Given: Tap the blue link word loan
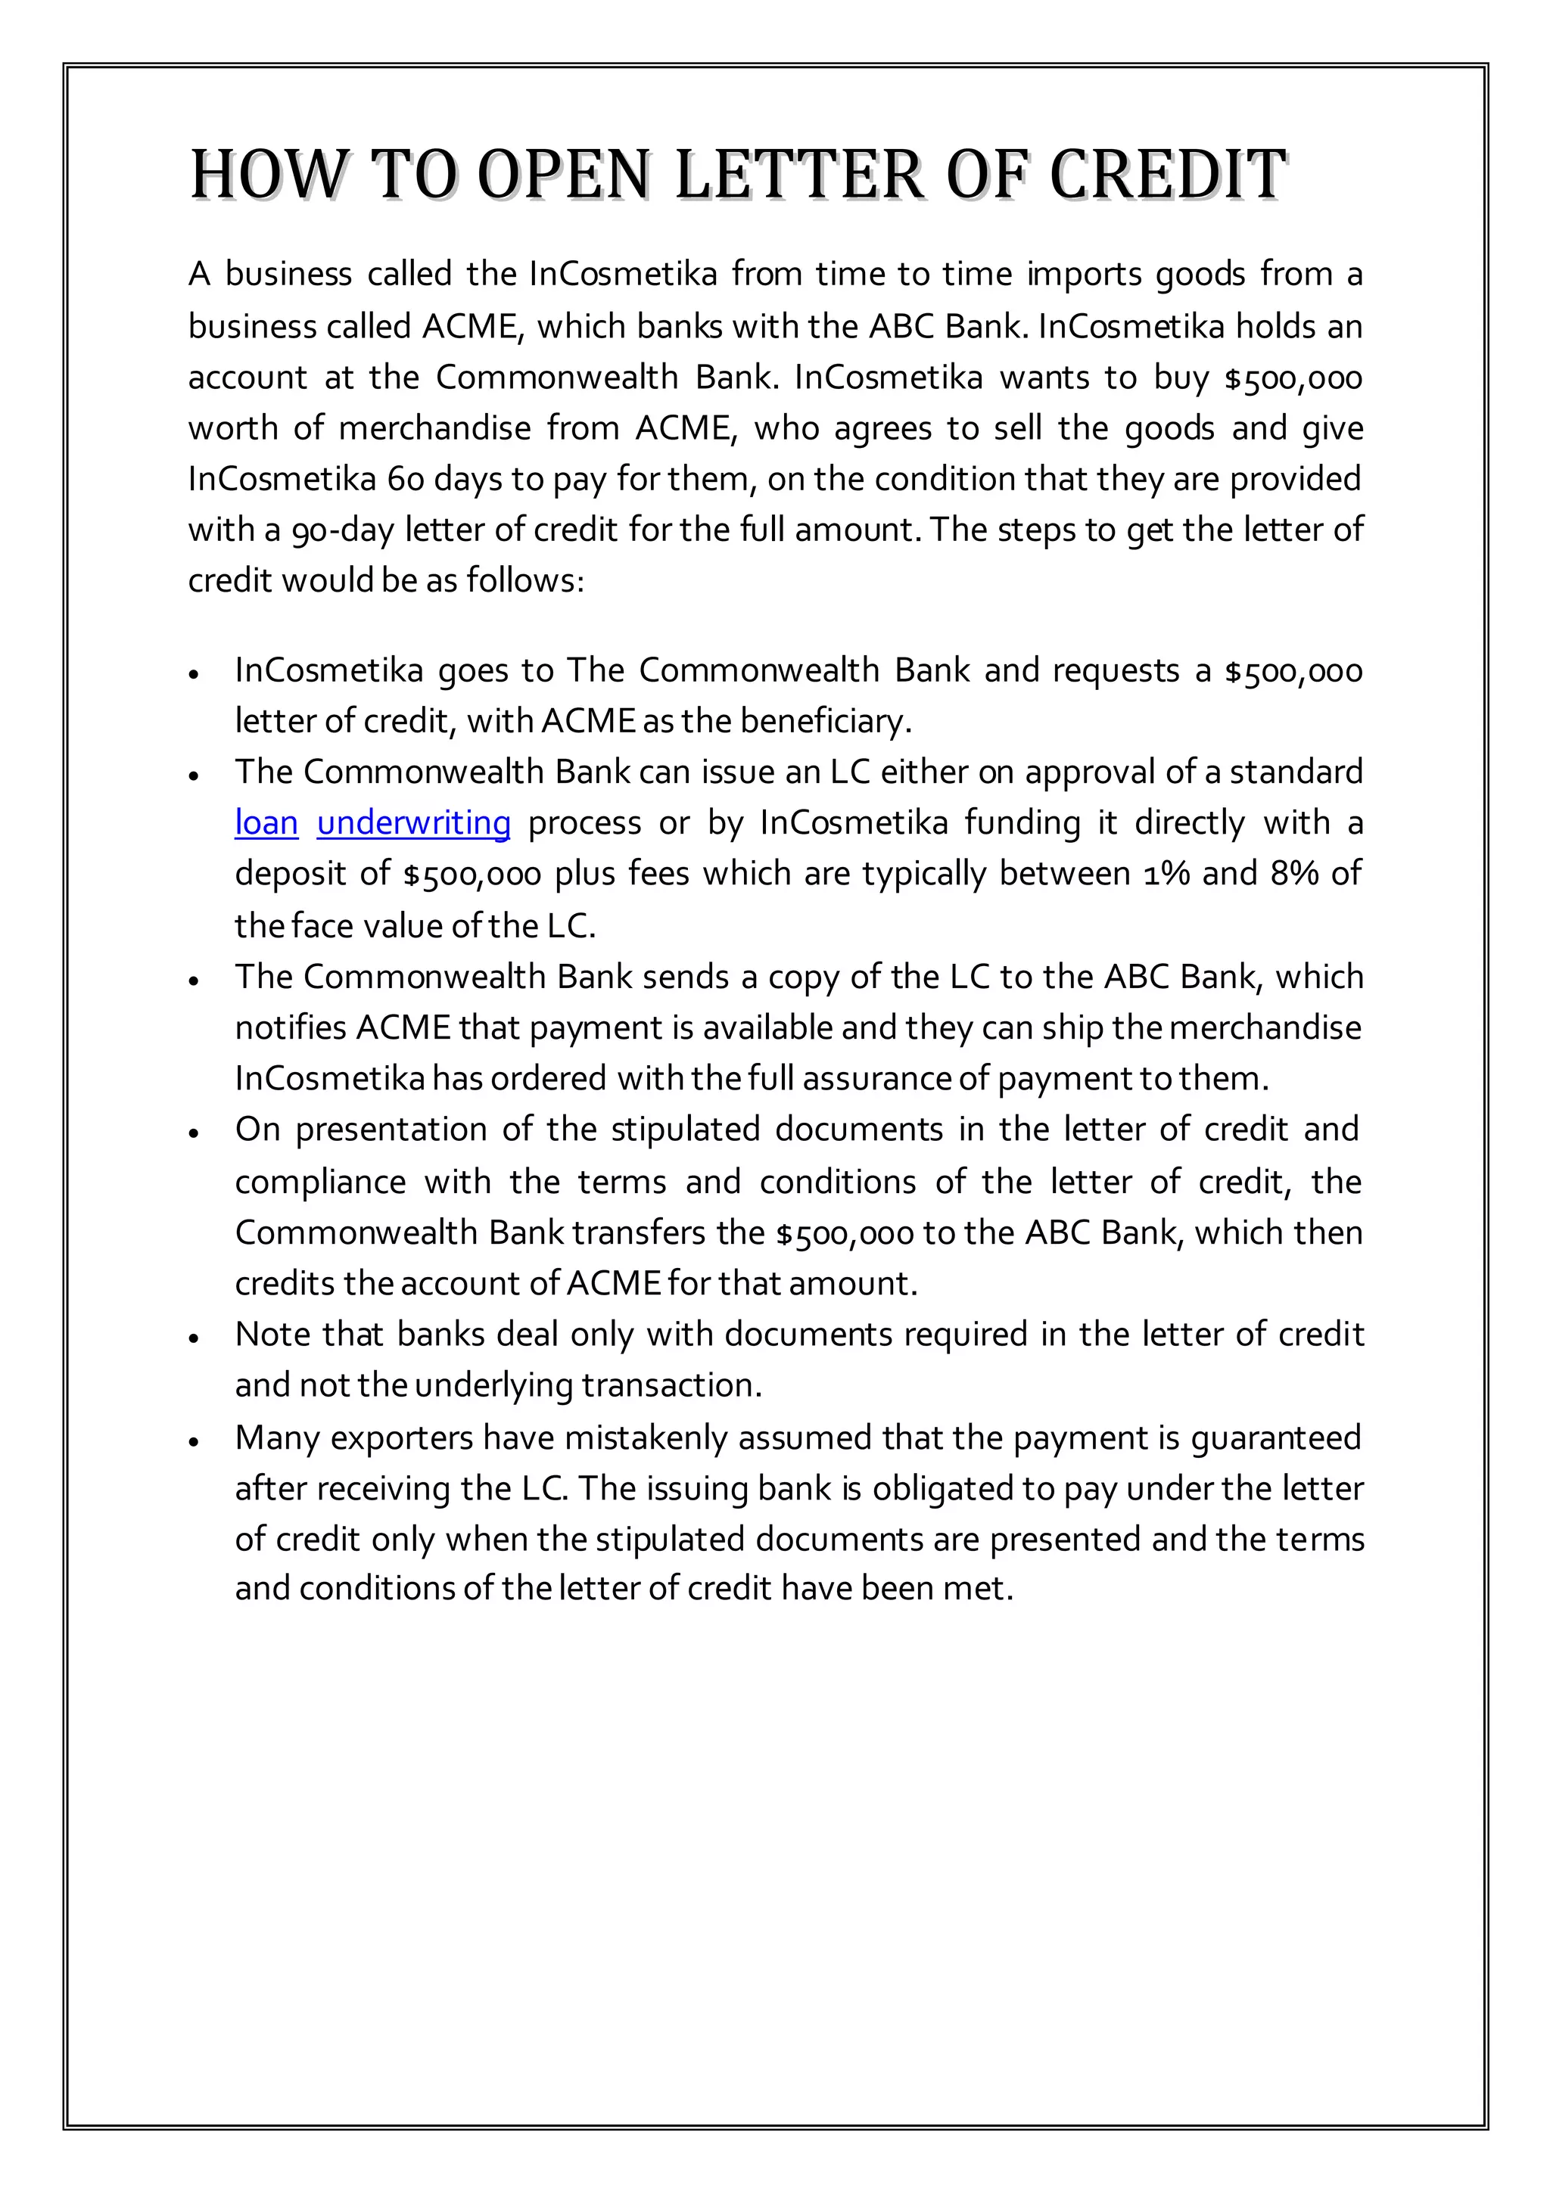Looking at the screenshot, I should [266, 822].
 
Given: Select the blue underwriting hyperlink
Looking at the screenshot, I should [413, 822].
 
